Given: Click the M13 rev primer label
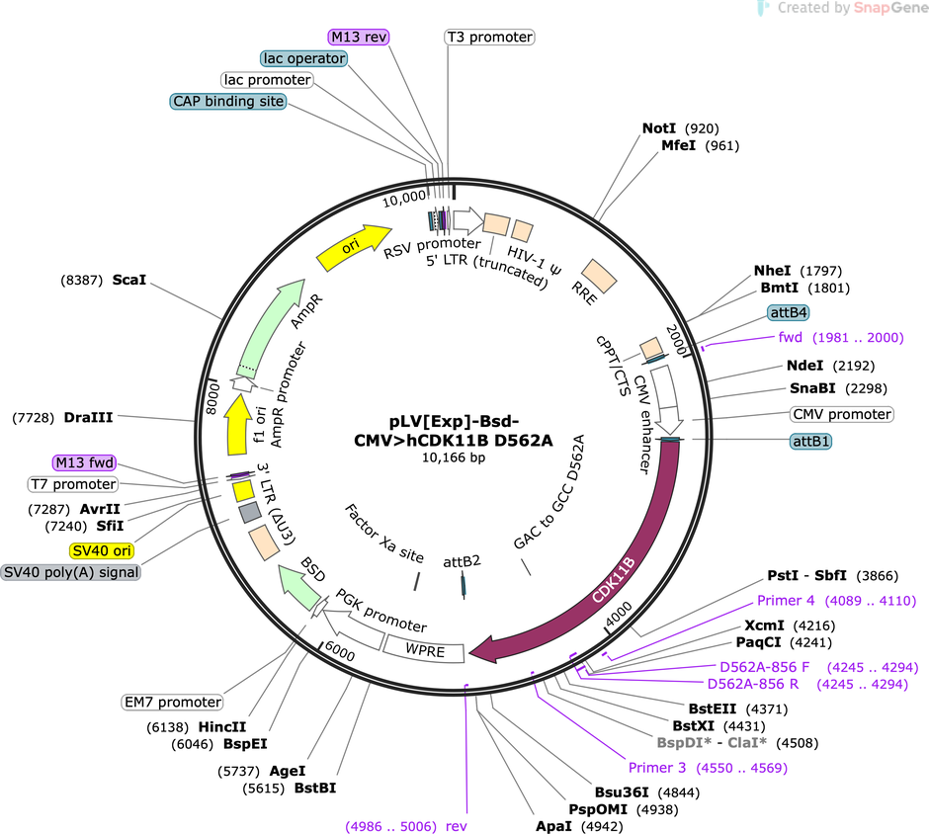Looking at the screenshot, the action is [x=359, y=37].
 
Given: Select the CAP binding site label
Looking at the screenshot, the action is [x=228, y=102].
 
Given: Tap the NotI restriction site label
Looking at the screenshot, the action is [x=659, y=127].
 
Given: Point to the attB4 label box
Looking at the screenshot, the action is [x=789, y=312].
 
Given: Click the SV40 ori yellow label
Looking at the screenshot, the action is [x=102, y=550].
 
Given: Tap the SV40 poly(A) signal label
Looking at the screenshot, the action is [x=71, y=572].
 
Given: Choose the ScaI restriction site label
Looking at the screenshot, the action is [x=129, y=280].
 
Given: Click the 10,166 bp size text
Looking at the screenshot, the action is [x=454, y=458].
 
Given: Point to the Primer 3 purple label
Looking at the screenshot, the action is [x=657, y=768].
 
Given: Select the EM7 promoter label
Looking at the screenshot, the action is [x=172, y=702].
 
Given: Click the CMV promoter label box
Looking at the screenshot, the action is [x=842, y=414].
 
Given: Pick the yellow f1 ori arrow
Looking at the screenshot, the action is [x=237, y=425].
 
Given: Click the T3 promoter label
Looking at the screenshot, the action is [x=489, y=37].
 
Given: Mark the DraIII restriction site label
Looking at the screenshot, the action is [x=88, y=417].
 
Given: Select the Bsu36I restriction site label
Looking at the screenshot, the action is [x=622, y=792].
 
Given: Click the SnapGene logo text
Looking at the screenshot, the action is [x=889, y=8].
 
